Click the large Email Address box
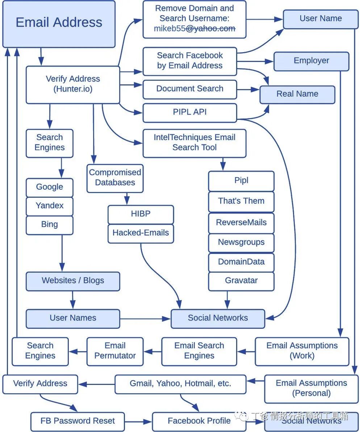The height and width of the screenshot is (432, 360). click(59, 24)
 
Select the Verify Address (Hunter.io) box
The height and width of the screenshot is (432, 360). click(72, 84)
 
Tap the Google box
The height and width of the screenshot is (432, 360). click(50, 187)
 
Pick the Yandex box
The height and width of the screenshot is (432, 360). click(50, 206)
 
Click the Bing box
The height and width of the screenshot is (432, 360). click(50, 225)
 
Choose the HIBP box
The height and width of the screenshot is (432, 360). click(141, 214)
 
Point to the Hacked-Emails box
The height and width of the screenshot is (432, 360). click(141, 233)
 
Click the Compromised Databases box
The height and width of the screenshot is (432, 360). click(115, 178)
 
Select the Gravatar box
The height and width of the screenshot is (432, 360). click(241, 281)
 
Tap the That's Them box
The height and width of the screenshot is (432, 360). click(241, 201)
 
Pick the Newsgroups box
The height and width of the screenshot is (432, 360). click(241, 243)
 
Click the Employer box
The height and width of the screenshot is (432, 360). click(311, 61)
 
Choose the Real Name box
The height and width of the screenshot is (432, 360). click(297, 94)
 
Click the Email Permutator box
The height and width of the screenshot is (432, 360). click(115, 351)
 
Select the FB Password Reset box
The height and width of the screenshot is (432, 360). click(78, 421)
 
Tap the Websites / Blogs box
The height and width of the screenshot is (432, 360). click(72, 281)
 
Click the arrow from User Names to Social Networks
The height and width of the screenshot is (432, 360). click(145, 319)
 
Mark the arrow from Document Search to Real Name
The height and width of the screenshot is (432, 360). click(248, 89)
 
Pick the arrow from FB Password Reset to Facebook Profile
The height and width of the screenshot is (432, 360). click(138, 421)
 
